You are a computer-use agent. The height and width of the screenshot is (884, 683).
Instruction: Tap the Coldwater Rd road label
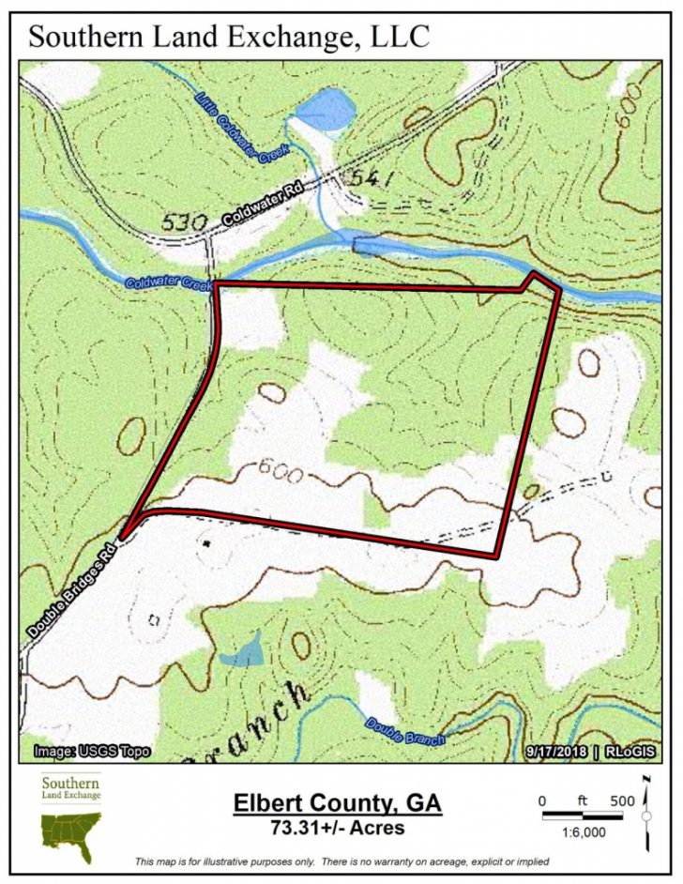[x=266, y=205]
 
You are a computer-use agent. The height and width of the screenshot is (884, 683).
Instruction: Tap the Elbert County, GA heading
[x=337, y=804]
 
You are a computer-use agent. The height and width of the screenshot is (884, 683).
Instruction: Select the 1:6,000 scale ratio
[x=582, y=833]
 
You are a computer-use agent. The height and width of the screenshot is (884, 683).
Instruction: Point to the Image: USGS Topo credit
[x=91, y=752]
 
